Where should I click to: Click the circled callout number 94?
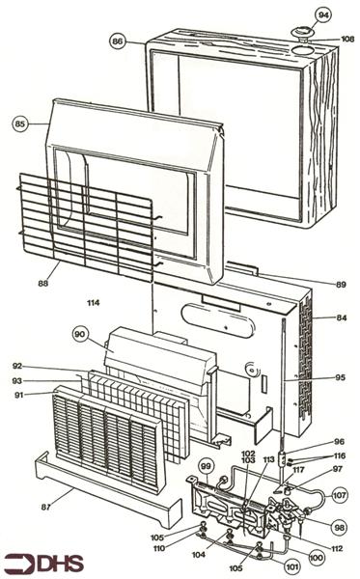click(x=323, y=15)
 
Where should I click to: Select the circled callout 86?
click(x=118, y=41)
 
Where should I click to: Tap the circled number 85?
click(x=20, y=124)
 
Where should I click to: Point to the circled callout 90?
click(x=79, y=335)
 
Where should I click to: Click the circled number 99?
click(x=206, y=466)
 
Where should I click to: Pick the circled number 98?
click(x=340, y=528)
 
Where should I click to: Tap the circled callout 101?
click(x=291, y=566)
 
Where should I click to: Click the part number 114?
click(x=93, y=303)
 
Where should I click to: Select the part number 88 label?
click(x=43, y=284)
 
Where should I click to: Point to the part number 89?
click(x=341, y=285)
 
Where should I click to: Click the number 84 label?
click(x=341, y=317)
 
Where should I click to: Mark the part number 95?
click(x=340, y=377)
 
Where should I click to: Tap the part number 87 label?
click(x=45, y=508)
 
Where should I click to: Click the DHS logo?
click(x=44, y=564)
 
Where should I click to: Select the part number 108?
click(x=347, y=39)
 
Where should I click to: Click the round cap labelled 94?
click(x=302, y=33)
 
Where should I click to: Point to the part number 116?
click(x=340, y=455)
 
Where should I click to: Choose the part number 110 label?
click(x=159, y=548)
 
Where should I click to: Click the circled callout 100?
click(x=316, y=558)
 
